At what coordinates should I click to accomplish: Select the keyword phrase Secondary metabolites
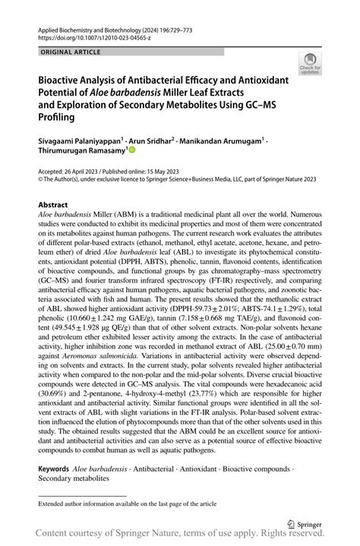pos(74,479)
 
